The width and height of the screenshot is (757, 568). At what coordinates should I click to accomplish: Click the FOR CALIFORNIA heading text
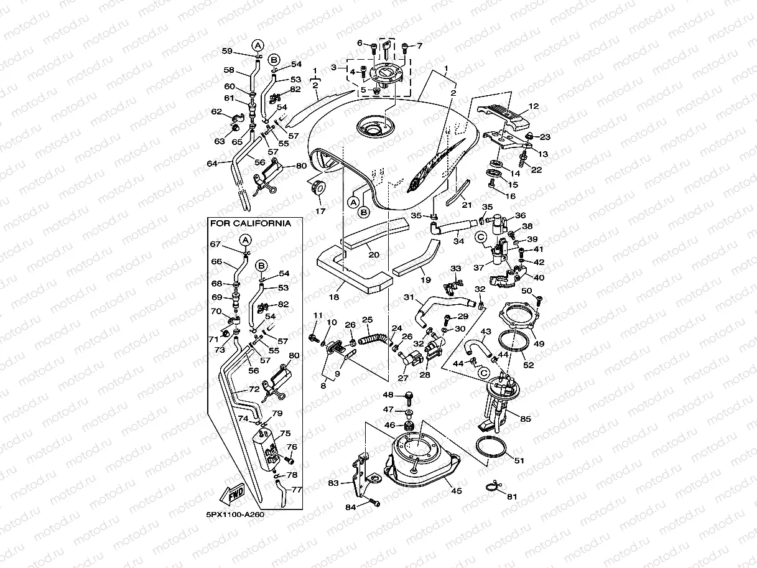(x=250, y=223)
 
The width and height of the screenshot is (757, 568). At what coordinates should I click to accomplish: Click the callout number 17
(x=320, y=212)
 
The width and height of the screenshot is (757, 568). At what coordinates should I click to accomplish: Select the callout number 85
(x=526, y=419)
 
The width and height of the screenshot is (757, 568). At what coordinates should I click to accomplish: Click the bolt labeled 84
(x=373, y=501)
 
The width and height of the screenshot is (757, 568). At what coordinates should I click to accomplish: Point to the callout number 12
(x=533, y=106)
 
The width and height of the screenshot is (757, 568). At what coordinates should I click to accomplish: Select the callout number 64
(x=211, y=164)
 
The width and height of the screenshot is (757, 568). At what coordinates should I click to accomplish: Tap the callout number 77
(x=296, y=489)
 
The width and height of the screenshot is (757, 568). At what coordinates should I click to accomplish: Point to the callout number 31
(x=408, y=297)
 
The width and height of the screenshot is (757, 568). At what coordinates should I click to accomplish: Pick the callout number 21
(x=466, y=205)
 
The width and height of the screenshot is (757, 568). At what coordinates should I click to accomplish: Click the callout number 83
(x=334, y=483)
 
